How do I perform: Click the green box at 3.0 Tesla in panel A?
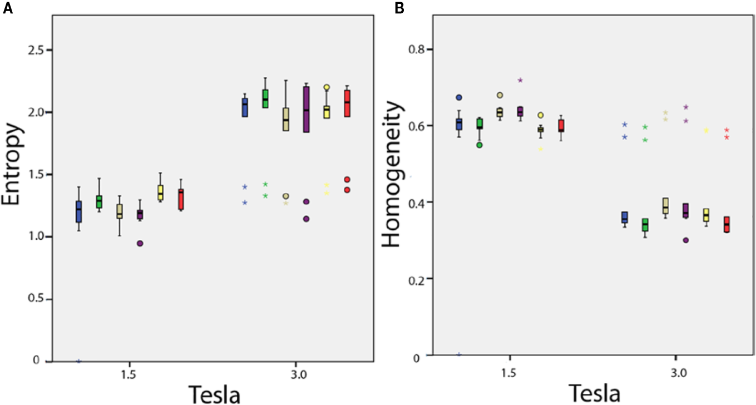coord(265,98)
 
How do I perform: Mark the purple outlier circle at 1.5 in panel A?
coord(140,243)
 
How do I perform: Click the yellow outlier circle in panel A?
coord(327,87)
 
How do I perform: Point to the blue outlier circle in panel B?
coord(459,97)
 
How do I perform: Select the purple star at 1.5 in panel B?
coord(520,80)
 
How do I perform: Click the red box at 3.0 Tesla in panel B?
coord(727,224)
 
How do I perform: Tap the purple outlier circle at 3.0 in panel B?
coord(685,240)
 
